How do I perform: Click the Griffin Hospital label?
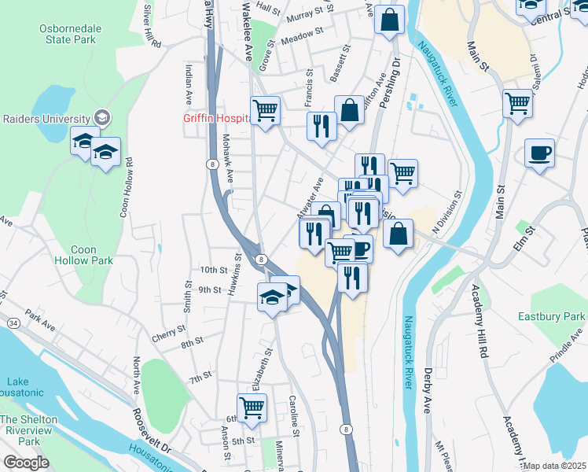tap(216, 119)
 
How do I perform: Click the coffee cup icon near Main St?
tap(539, 152)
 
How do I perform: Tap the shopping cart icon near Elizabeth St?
tap(252, 407)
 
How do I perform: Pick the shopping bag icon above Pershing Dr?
tap(389, 20)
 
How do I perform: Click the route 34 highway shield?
tap(13, 323)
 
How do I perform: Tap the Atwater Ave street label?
tap(311, 199)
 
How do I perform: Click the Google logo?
tap(25, 463)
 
